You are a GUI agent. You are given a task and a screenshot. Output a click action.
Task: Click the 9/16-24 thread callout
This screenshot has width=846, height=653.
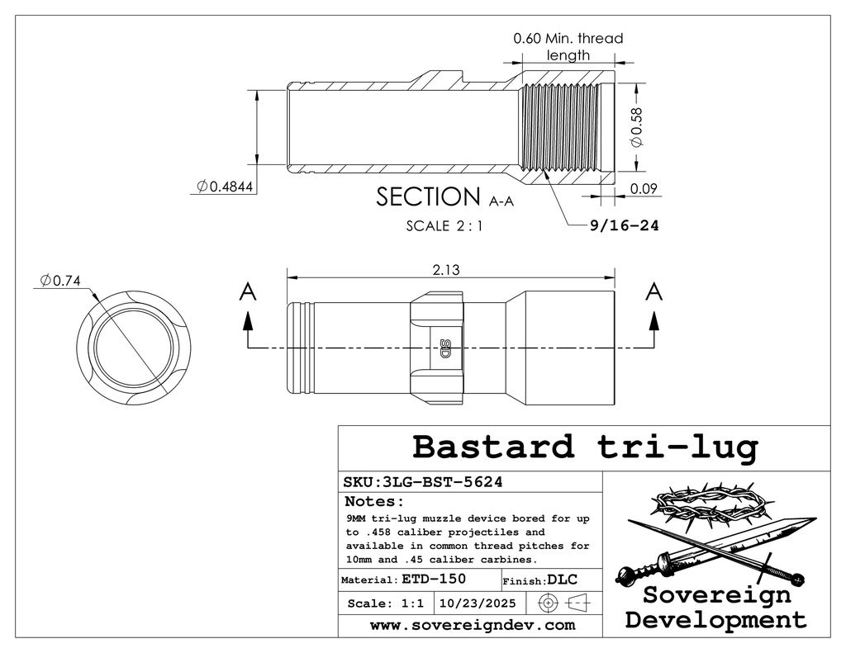[x=624, y=225]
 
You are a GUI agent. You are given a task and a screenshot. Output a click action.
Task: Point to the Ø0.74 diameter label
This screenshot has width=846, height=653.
[x=59, y=281]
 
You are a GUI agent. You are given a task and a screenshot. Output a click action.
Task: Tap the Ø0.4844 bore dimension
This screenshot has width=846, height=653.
[x=225, y=187]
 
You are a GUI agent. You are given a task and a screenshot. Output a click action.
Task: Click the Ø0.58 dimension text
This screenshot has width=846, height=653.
[x=636, y=130]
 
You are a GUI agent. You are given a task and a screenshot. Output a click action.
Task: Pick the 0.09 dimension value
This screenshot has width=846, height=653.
[x=644, y=188]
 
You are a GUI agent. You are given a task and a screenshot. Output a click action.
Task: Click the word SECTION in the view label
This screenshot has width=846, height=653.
[x=427, y=197]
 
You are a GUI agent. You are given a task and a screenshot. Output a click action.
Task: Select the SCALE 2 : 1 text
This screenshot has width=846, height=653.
[x=444, y=225]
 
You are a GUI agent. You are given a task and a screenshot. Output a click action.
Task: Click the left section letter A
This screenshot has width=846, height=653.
[x=246, y=291]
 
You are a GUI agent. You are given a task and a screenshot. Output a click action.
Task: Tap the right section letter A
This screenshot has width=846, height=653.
[x=654, y=291]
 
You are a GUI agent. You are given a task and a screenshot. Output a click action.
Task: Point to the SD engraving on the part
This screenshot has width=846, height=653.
[x=444, y=348]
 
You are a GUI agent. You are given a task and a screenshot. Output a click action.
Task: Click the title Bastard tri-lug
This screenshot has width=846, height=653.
[x=584, y=447]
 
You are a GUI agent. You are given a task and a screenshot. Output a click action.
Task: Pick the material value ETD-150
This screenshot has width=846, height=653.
[x=427, y=580]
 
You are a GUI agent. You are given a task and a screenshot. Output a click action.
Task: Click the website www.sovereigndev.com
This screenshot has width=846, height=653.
[x=472, y=625]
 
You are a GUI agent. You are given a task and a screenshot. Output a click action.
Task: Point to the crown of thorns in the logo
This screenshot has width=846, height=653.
[x=706, y=504]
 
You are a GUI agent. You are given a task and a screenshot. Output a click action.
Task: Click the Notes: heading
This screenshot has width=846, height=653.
[x=373, y=502]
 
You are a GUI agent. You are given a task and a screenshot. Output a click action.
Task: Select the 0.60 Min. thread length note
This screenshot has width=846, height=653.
[x=568, y=46]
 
